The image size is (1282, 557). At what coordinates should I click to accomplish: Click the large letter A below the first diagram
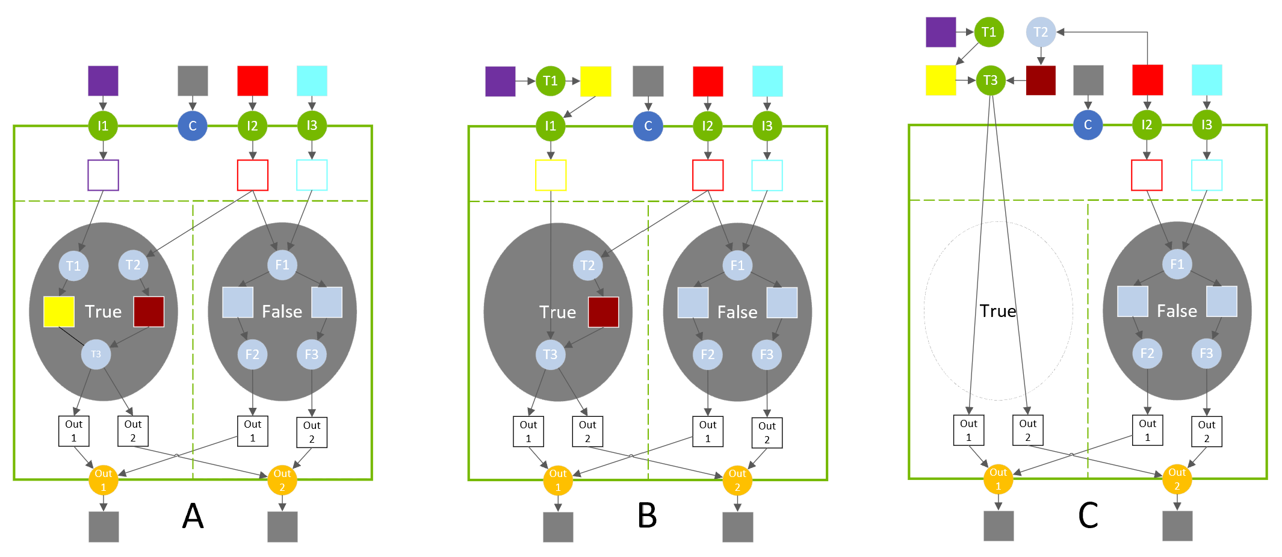(193, 515)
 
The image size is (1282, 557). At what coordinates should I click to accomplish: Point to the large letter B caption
(647, 515)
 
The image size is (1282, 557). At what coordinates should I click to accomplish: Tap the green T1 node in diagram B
(550, 81)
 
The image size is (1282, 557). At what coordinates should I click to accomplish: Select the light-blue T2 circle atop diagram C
(1041, 32)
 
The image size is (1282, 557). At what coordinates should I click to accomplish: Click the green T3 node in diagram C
(990, 80)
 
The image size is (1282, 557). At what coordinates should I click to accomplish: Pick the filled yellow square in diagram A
(59, 312)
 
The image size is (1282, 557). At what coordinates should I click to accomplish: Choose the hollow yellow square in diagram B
(551, 175)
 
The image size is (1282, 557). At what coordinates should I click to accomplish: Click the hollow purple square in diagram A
(103, 175)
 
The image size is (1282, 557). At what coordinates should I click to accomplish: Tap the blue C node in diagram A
(193, 126)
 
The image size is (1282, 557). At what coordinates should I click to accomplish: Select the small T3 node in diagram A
(96, 354)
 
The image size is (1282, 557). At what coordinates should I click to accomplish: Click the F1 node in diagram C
(1177, 264)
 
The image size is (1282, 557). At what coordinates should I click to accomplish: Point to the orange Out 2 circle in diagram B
(737, 480)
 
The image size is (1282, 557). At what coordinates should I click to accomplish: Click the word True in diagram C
(997, 311)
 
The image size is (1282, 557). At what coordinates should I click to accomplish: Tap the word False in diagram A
(282, 312)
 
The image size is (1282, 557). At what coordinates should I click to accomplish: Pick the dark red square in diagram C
(1041, 80)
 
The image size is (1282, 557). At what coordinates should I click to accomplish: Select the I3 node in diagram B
(767, 126)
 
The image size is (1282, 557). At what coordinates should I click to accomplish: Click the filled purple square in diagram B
(500, 81)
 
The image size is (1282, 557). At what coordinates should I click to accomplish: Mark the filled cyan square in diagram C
(1207, 80)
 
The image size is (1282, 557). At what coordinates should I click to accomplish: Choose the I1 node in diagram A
(103, 126)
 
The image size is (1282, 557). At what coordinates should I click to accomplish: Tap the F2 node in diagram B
(707, 355)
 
